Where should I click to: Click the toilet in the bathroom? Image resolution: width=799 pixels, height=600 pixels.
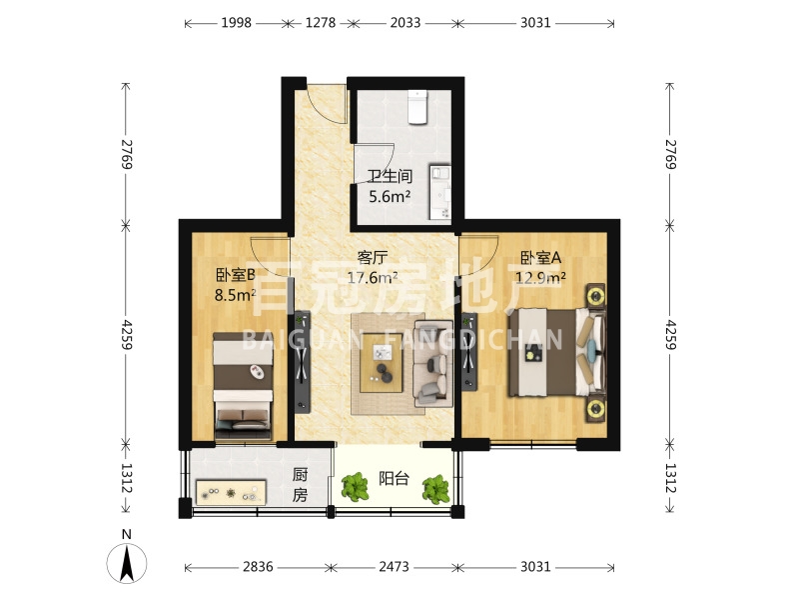417,107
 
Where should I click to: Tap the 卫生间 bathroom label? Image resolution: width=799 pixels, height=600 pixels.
390,177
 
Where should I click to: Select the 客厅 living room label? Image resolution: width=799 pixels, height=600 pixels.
373,258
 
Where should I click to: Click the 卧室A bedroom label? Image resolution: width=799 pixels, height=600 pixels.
540,258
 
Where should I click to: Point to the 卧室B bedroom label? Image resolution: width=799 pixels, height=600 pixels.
236,275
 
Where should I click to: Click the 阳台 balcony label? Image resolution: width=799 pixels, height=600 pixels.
394,479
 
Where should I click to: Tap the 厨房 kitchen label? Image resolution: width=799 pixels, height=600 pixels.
300,485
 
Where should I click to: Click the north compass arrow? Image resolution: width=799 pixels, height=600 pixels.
127,563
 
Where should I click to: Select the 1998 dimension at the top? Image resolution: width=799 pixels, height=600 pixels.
236,23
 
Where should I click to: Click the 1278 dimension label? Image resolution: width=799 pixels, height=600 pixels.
321,23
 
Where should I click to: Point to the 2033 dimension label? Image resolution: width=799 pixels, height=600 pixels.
405,23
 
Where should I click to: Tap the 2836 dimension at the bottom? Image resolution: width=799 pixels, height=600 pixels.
258,567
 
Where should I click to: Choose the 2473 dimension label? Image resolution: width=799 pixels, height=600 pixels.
394,567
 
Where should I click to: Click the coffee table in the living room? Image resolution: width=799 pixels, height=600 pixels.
382,363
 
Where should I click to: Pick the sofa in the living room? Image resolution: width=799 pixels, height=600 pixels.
433,363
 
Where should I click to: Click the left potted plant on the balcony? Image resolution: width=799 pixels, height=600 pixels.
356,487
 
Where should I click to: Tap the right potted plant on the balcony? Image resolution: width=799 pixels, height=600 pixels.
436,489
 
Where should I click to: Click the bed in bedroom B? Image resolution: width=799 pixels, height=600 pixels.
243,386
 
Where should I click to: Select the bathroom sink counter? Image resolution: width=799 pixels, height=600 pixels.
440,192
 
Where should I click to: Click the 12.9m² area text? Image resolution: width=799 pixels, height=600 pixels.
540,278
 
